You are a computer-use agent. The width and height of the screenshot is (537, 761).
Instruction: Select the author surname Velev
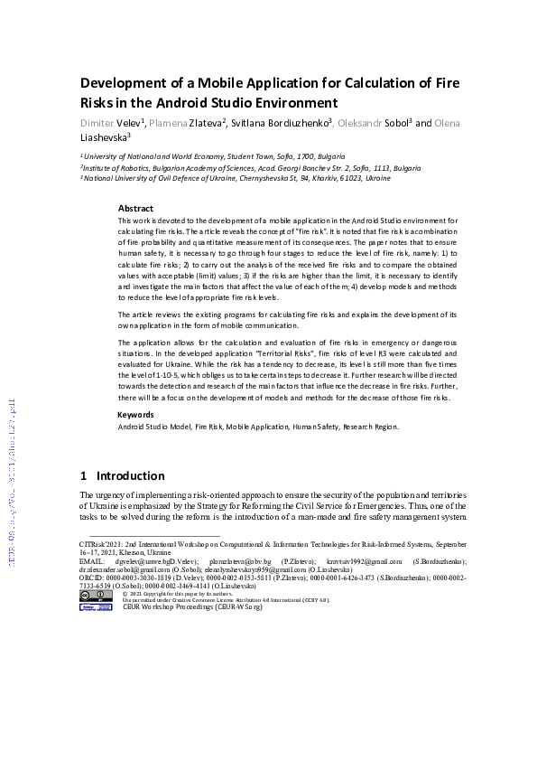pyautogui.click(x=146, y=122)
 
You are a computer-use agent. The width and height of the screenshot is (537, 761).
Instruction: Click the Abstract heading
pyautogui.click(x=135, y=208)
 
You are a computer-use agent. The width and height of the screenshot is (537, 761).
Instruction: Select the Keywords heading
pyautogui.click(x=136, y=415)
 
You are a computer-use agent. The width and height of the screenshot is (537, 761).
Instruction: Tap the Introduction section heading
pyautogui.click(x=130, y=475)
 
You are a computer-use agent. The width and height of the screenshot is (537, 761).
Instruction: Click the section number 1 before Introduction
pyautogui.click(x=84, y=475)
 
